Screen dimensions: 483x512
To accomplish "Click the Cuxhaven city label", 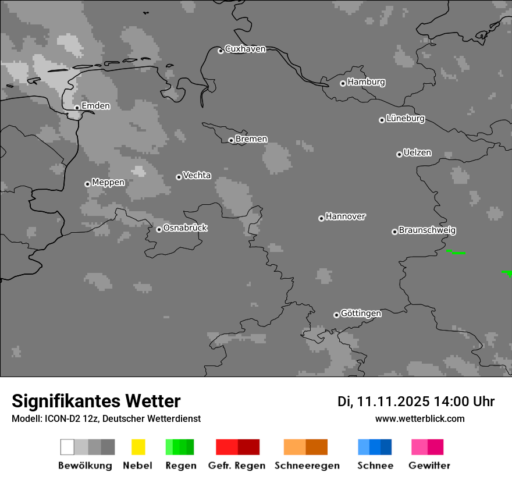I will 245,49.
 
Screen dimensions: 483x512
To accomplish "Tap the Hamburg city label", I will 366,82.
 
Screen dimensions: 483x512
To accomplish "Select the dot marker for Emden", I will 77,108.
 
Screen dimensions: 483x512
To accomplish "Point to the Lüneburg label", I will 405,119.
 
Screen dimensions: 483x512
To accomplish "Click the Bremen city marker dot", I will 231,140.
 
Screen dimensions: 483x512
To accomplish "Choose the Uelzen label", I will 417,153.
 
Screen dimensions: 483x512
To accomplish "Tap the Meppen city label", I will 108,183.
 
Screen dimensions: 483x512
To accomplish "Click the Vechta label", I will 197,176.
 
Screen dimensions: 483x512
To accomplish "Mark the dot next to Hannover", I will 321,218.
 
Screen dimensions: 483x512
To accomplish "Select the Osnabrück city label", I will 185,228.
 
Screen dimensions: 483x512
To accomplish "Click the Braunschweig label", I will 427,230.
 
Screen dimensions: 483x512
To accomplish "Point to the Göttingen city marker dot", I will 336,315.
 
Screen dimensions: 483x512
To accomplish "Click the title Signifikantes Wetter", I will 96,402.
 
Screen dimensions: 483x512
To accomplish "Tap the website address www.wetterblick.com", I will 419,419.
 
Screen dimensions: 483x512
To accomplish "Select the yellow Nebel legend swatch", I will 138,447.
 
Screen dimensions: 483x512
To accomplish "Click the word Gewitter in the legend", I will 429,466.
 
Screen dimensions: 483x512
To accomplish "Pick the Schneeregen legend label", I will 307,466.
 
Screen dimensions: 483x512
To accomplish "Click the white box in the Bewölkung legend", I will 67,447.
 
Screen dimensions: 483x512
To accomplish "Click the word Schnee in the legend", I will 375,466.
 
